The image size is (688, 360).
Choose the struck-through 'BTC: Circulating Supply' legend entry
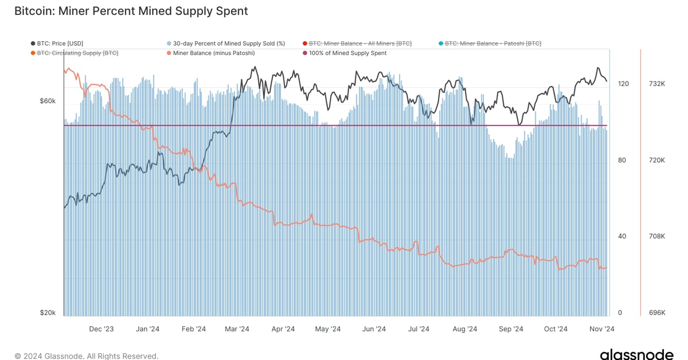(77, 53)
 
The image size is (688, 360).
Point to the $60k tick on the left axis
(48, 101)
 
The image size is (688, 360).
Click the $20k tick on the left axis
(48, 313)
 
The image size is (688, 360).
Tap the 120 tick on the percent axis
(623, 84)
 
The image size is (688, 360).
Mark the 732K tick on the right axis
(656, 84)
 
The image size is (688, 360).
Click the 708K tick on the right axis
(656, 236)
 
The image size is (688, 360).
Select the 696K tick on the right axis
(656, 313)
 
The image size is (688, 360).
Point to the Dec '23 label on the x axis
(101, 329)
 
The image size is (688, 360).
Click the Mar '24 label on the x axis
(237, 329)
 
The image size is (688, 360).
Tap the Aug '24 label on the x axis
(465, 329)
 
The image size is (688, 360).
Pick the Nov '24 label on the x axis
(602, 329)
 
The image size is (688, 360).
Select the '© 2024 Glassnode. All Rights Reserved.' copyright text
(87, 356)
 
